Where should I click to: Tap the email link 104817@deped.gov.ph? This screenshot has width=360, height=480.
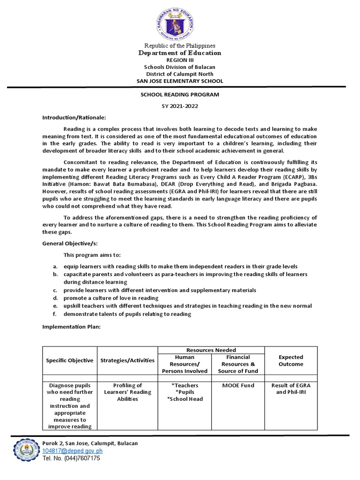click(72, 451)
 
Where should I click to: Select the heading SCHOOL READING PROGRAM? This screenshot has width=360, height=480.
click(180, 94)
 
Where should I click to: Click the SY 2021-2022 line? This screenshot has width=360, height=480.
click(180, 106)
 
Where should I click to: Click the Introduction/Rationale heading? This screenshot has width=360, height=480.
click(75, 117)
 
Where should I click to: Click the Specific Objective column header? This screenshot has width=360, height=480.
click(69, 360)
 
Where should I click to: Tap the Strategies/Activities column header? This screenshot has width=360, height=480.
click(127, 360)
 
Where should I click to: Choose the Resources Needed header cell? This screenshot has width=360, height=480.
click(211, 350)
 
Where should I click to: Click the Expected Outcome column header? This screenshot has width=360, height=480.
click(291, 360)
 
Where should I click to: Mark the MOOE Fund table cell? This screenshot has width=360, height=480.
click(238, 385)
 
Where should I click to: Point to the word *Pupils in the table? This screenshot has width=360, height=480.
click(185, 392)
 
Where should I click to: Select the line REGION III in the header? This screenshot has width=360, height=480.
click(180, 60)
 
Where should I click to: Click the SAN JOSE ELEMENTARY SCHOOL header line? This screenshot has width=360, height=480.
click(180, 81)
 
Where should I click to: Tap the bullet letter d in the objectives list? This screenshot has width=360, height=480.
click(55, 298)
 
